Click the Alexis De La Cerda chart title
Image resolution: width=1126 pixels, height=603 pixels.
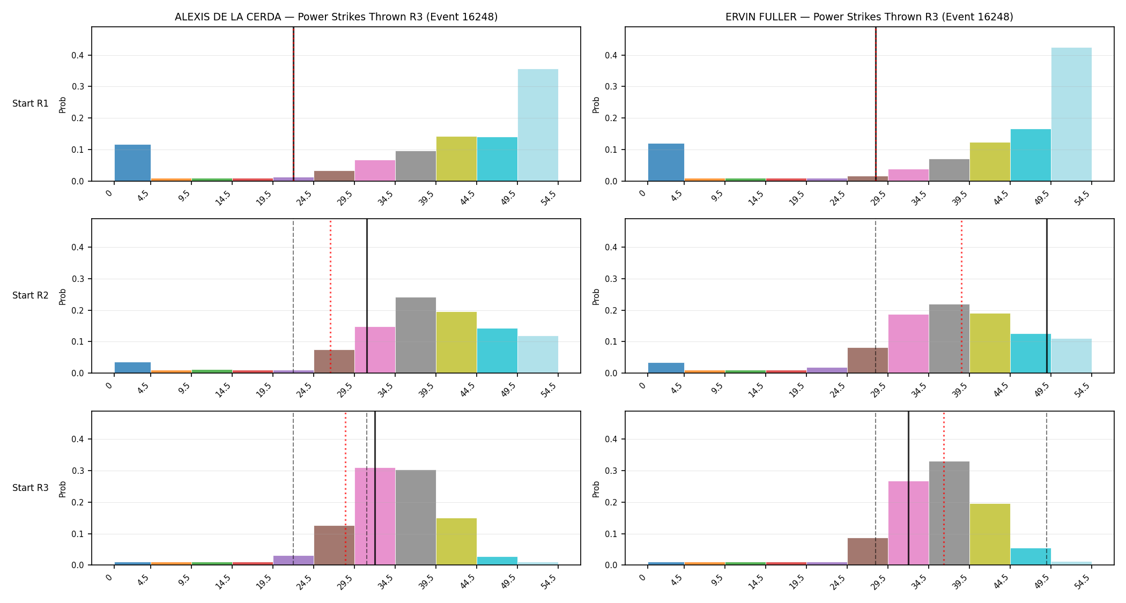(x=336, y=17)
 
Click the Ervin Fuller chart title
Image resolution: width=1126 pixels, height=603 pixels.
(x=869, y=17)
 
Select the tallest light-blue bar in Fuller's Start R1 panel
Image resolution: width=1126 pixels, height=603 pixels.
(x=1071, y=114)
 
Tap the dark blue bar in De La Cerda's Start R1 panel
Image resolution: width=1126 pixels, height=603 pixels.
(x=132, y=163)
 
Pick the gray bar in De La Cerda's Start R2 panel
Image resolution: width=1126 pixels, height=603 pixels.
(x=416, y=335)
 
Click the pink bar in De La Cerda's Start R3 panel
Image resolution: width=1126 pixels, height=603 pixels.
(x=375, y=516)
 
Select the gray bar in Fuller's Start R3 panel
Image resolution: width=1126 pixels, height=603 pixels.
(x=949, y=513)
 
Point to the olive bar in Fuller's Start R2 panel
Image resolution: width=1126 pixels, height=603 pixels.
(x=990, y=343)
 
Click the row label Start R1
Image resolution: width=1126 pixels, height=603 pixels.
(x=31, y=103)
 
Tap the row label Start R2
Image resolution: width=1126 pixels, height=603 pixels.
(x=31, y=295)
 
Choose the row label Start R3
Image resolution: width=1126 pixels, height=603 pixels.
(x=31, y=488)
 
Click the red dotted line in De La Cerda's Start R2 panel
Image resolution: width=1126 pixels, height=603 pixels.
(x=330, y=296)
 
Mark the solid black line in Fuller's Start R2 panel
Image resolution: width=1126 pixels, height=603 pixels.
(x=1047, y=296)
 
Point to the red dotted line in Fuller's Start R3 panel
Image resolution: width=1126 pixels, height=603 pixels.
(x=944, y=488)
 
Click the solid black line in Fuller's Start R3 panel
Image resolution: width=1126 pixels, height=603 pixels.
(x=908, y=488)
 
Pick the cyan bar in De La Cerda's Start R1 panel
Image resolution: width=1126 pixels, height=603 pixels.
(x=497, y=159)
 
